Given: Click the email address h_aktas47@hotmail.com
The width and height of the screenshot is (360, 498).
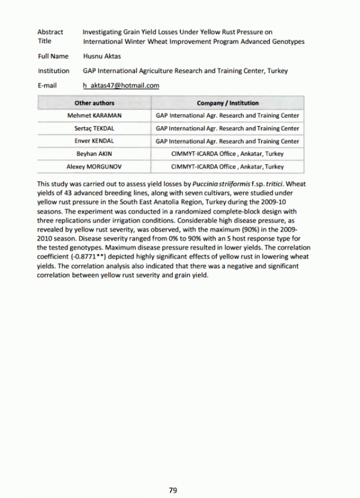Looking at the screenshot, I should [x=121, y=86].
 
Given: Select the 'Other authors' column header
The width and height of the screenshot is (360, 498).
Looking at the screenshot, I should [x=94, y=103].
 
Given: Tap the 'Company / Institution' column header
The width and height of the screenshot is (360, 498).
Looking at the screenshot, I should [x=227, y=103].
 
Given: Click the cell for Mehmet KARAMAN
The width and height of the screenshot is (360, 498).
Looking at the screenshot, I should [x=94, y=116].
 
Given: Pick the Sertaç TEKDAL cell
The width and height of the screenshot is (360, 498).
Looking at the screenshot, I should [x=94, y=128].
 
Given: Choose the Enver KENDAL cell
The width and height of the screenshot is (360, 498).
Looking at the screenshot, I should [x=94, y=141].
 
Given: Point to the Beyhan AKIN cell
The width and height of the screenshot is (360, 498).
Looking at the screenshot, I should [x=94, y=154].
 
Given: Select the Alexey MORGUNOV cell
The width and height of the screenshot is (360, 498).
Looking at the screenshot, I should [x=94, y=166].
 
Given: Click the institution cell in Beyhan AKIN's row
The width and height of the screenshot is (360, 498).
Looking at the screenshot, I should [x=227, y=154].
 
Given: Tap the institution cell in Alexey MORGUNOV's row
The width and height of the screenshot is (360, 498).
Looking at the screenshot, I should [x=227, y=166].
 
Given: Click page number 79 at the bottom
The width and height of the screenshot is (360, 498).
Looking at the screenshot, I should [x=173, y=490].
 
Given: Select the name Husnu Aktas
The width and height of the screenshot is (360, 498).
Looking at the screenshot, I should [x=101, y=56].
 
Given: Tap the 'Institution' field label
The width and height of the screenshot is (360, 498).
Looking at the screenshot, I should [x=53, y=71].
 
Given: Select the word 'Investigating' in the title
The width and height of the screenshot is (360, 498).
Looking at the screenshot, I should [x=103, y=32].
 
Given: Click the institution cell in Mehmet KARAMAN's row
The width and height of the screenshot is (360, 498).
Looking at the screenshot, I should [x=227, y=116].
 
